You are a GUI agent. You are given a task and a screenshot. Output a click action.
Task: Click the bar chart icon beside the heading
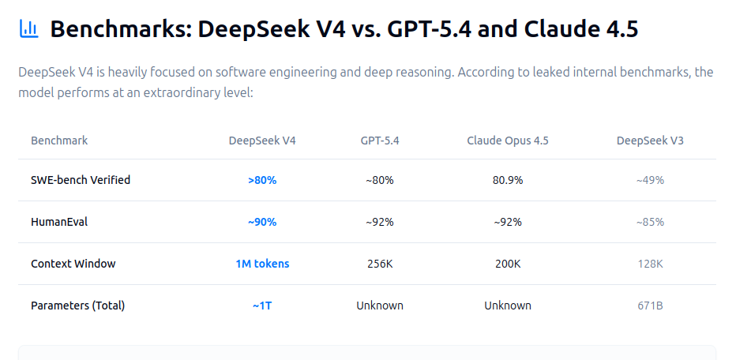point(28,29)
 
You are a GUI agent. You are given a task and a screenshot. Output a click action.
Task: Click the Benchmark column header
point(59,141)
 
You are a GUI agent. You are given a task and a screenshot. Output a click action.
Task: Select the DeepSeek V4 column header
point(262,141)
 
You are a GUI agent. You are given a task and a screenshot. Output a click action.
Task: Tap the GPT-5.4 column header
point(380,141)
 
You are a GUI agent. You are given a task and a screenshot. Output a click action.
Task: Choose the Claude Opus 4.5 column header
point(508,141)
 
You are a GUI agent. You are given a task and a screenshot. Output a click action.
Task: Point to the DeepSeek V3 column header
point(650,141)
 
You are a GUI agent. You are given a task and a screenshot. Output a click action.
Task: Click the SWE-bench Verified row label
point(81,180)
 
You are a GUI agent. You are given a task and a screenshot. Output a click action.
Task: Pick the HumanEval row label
point(59,222)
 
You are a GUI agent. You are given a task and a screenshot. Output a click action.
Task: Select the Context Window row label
point(73,264)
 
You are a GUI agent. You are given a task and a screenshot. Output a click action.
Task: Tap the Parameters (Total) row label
point(78,306)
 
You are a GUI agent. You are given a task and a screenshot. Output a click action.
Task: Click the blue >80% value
point(262,180)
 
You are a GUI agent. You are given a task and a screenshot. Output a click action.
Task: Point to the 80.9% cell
point(508,180)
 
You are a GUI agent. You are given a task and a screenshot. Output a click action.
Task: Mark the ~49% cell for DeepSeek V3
point(650,180)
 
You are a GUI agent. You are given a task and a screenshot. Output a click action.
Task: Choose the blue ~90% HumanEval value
point(262,222)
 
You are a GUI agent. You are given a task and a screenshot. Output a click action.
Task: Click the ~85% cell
point(650,222)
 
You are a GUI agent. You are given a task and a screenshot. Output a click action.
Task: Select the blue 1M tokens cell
point(262,264)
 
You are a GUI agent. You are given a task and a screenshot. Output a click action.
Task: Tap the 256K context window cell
point(380,264)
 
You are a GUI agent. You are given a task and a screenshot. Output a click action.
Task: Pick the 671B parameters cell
point(650,306)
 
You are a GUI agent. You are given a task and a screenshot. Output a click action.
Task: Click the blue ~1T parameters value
point(262,306)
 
